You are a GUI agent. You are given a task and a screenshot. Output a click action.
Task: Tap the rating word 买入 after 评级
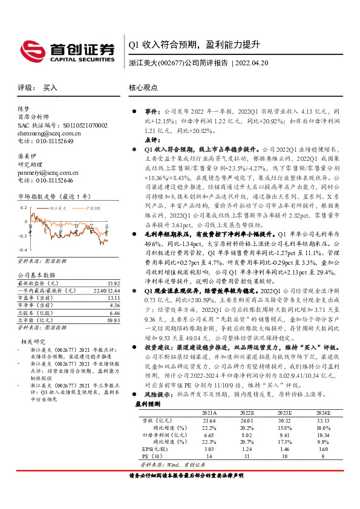(x=50, y=88)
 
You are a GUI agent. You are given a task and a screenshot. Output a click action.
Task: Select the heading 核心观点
(x=143, y=88)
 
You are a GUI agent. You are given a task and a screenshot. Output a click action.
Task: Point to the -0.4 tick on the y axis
(x=23, y=250)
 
